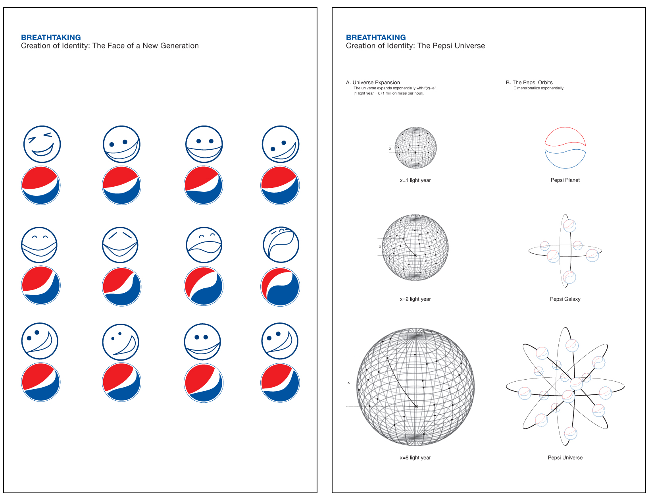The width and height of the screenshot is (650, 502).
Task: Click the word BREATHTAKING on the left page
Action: click(51, 37)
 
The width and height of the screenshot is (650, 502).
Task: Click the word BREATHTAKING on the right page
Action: click(376, 37)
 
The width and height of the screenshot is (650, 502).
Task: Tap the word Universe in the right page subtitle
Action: click(470, 46)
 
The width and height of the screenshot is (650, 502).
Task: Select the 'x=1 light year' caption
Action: click(415, 180)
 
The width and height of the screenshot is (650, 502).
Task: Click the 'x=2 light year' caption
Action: click(415, 299)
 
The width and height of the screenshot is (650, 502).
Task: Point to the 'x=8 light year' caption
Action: click(415, 458)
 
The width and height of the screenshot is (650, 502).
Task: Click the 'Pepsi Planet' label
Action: click(565, 180)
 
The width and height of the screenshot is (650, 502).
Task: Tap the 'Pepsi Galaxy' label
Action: click(565, 299)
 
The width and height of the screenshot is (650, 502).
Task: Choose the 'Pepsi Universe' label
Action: click(565, 458)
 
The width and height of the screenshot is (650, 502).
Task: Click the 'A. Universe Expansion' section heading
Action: click(373, 83)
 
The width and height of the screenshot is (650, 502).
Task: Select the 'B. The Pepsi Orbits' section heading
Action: click(529, 83)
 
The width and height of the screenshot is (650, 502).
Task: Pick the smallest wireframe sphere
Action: click(415, 148)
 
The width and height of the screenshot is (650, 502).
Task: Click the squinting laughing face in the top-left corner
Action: click(42, 144)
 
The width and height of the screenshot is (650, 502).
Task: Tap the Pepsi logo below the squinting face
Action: click(41, 185)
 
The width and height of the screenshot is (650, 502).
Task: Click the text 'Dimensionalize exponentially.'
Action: click(538, 88)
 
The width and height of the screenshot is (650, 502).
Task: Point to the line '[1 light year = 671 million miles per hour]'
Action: click(388, 93)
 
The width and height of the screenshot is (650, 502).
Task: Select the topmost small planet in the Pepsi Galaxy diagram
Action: click(569, 226)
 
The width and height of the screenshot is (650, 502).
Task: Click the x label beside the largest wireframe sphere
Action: click(348, 382)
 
